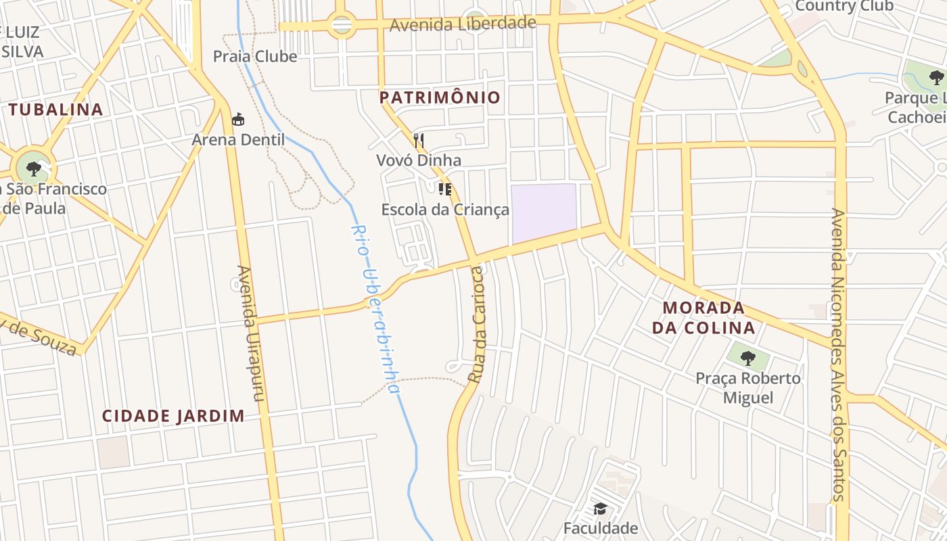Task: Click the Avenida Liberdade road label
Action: (x=463, y=24)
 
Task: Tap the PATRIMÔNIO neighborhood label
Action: (x=440, y=97)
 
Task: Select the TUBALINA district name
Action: (x=55, y=110)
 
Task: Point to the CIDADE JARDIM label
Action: (x=173, y=416)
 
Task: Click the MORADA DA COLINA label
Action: (x=708, y=318)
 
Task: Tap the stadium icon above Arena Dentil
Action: (x=238, y=120)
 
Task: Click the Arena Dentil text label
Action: (x=238, y=140)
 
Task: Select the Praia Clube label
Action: (x=255, y=56)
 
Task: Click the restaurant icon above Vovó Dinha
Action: (x=419, y=141)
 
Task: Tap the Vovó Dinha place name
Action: (x=419, y=160)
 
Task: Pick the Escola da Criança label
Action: (x=445, y=210)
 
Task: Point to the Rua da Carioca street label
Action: (x=477, y=325)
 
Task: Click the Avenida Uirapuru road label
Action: (x=248, y=333)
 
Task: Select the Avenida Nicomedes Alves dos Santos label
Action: (x=839, y=355)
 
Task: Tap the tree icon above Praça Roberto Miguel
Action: (x=747, y=358)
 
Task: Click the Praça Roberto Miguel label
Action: (x=748, y=387)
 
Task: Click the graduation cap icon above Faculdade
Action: (x=600, y=509)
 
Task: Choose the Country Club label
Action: (x=844, y=6)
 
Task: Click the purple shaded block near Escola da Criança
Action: (x=544, y=212)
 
